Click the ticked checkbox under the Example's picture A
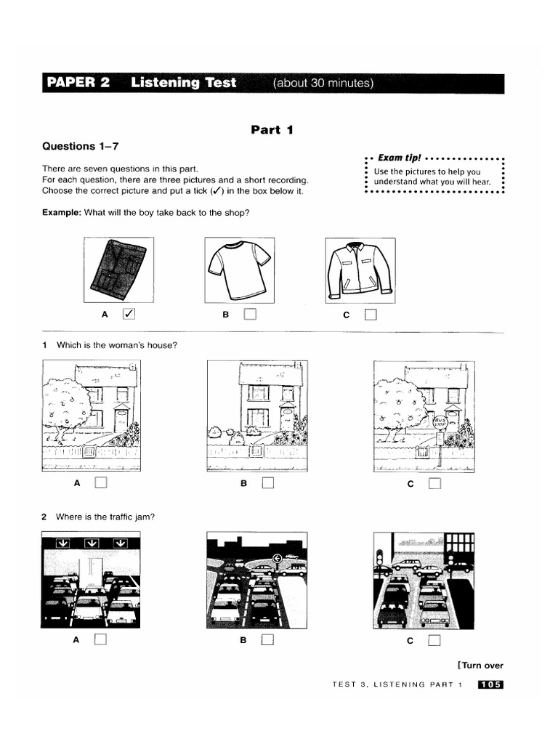(x=129, y=314)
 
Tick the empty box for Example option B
(x=250, y=314)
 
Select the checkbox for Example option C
(x=371, y=315)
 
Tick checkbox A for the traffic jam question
(x=100, y=639)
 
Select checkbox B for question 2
(x=268, y=640)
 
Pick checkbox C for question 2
(x=434, y=640)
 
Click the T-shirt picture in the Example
(x=239, y=270)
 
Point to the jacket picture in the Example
(x=360, y=270)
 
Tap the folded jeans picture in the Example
(x=118, y=270)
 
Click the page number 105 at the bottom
(x=490, y=684)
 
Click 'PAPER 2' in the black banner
(x=78, y=83)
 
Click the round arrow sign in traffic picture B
(x=277, y=559)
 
